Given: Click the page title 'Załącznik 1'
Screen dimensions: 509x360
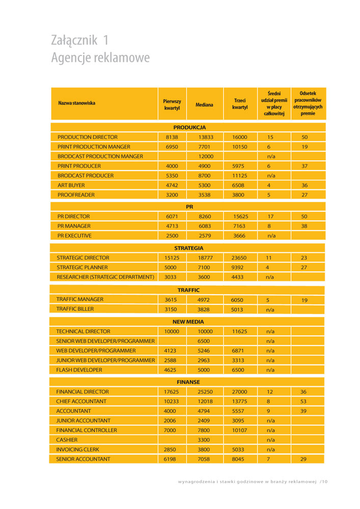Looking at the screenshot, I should (x=80, y=40).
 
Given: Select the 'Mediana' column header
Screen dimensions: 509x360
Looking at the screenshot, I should (x=204, y=104).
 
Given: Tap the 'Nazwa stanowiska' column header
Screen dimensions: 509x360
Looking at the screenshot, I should (x=76, y=103).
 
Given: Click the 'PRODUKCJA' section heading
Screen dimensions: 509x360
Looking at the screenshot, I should (x=189, y=127).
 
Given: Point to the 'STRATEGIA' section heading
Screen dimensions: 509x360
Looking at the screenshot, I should (x=189, y=248).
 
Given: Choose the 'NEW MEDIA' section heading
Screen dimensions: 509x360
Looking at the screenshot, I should (x=188, y=322).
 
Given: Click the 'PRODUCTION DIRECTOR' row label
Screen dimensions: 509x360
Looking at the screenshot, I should (x=88, y=137).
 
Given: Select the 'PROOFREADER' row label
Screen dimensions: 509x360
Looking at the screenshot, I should (x=76, y=194).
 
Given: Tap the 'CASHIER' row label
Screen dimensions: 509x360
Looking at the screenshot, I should (x=67, y=439).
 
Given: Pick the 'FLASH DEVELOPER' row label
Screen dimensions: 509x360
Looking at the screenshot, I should (x=79, y=370).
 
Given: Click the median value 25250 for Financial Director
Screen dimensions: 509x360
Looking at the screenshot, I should (x=205, y=392).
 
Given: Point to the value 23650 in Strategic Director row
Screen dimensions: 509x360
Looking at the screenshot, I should (x=239, y=258).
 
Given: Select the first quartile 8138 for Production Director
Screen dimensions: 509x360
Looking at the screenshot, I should (x=172, y=137).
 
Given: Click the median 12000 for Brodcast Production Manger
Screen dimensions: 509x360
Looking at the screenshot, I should (x=206, y=156).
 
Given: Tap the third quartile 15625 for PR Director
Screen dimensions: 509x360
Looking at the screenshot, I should (x=240, y=216).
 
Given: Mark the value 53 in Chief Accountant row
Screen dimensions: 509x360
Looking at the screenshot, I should (x=303, y=401).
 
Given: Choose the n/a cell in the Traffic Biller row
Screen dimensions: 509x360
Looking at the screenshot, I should (x=270, y=309).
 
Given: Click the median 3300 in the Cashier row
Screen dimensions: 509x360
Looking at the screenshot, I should (x=204, y=439).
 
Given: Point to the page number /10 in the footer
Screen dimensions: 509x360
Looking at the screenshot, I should (x=324, y=481).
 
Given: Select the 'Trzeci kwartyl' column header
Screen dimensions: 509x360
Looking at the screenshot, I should (x=240, y=104).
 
